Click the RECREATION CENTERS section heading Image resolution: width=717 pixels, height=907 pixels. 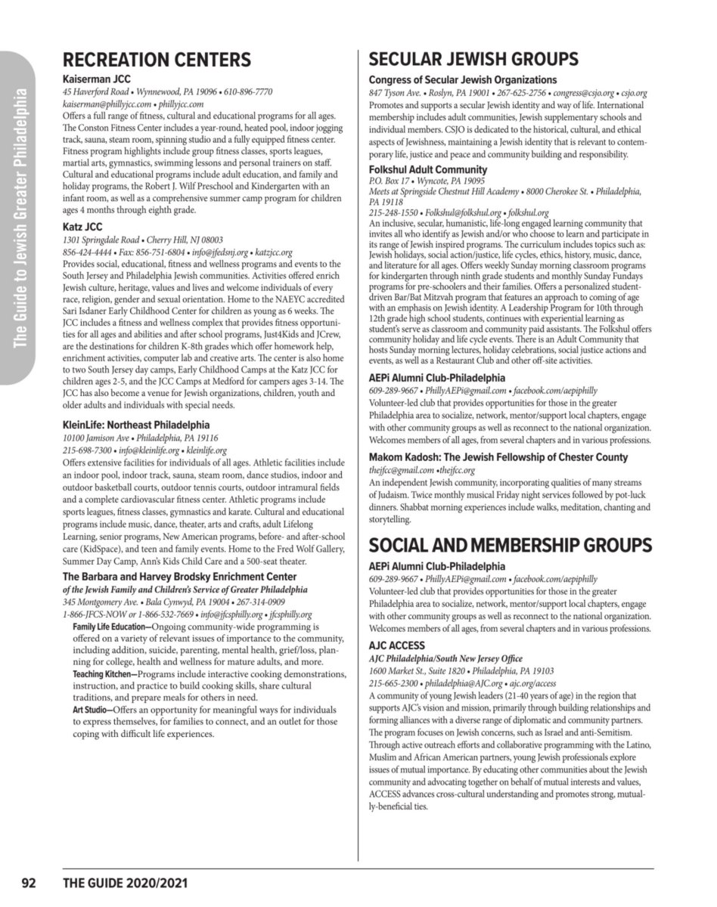pos(157,60)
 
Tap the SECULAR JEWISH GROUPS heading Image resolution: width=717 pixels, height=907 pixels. pos(473,60)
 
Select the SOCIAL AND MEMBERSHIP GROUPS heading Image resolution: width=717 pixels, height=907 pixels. pos(511,546)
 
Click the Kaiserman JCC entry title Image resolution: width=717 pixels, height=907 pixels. pos(96,79)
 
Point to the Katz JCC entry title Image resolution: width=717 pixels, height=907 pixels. pos(82,226)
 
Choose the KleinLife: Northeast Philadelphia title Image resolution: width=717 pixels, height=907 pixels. pos(136,425)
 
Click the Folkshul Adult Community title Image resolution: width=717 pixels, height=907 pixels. pos(428,169)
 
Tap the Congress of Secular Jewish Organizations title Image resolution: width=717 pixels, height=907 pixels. pos(463,79)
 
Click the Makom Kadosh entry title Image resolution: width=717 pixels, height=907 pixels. pos(498,457)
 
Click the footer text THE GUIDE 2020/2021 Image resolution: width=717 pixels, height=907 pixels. pos(126,883)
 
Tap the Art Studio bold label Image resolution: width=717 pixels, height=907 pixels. pos(92,710)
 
